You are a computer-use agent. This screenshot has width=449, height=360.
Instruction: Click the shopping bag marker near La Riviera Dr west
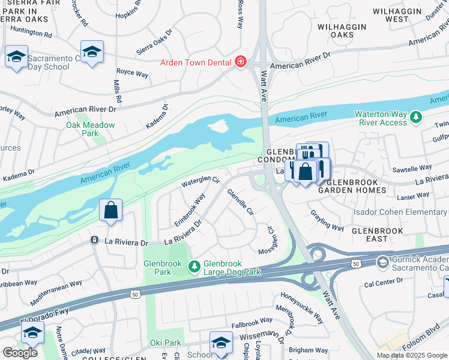pos(111,211)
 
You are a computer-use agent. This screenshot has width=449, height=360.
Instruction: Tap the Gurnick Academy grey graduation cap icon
pos(382,262)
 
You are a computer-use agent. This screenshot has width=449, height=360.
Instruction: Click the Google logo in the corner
pos(20,353)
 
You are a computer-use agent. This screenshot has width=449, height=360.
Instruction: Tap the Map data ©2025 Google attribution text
pos(411,355)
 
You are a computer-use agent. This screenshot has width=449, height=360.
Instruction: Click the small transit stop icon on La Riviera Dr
pos(94,240)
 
